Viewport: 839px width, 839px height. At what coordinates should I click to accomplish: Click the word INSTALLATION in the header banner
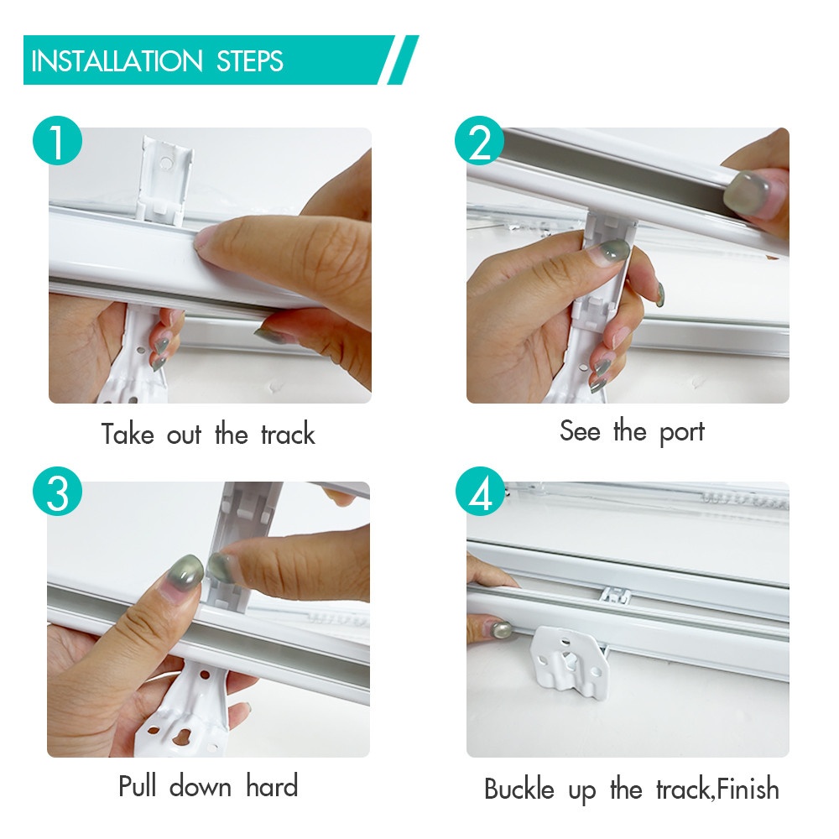[x=117, y=61]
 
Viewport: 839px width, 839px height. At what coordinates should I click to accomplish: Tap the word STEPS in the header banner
[x=250, y=61]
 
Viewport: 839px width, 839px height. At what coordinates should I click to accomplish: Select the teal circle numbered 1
[x=57, y=140]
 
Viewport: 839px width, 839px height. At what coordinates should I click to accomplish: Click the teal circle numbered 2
[x=479, y=140]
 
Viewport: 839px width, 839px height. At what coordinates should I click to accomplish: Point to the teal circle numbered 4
[x=480, y=491]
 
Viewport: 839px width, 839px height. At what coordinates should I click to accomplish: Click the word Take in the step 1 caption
[x=128, y=434]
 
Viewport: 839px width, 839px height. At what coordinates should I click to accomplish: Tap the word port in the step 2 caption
[x=681, y=431]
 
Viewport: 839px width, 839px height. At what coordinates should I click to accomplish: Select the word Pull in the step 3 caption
[x=138, y=786]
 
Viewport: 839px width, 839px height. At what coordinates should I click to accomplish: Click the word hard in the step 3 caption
[x=272, y=786]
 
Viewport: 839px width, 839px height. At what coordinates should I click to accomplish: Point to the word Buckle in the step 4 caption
[x=519, y=789]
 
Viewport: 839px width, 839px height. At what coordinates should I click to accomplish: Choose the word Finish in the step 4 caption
[x=748, y=789]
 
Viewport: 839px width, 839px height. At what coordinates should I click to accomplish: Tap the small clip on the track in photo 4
[x=616, y=595]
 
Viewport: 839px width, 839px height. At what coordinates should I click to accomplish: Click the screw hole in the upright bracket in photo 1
[x=166, y=162]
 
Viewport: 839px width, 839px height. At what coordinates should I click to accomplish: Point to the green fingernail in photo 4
[x=501, y=630]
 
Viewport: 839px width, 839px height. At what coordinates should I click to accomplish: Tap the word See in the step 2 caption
[x=580, y=430]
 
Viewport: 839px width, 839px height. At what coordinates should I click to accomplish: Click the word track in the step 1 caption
[x=288, y=434]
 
